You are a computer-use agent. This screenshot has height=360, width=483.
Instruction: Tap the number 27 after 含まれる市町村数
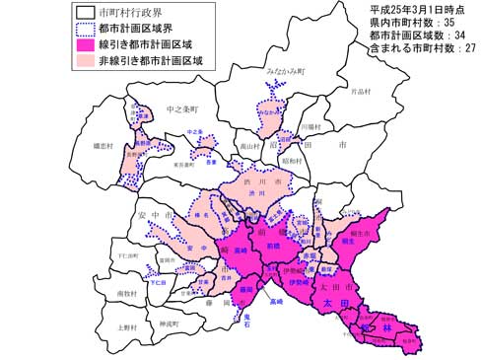(470, 50)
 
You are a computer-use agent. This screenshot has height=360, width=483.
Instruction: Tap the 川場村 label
(310, 126)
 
